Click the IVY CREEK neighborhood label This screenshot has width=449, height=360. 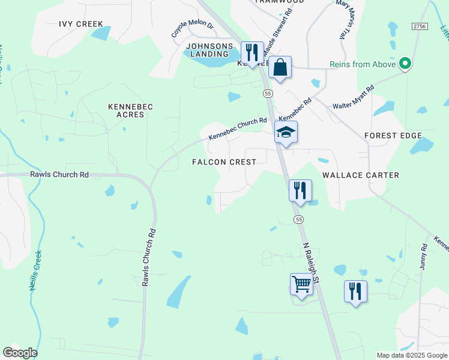tap(81, 24)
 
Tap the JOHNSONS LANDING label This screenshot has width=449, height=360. tap(209, 50)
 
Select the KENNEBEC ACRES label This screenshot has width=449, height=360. tap(130, 110)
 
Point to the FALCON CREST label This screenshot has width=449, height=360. tap(224, 162)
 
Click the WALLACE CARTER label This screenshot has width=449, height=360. tap(360, 175)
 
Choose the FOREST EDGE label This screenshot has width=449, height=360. tap(393, 136)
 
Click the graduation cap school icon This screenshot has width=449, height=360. tap(286, 133)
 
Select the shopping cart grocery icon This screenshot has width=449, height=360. tap(301, 284)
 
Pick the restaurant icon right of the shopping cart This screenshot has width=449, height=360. tap(355, 291)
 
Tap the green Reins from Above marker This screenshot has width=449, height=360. tap(405, 64)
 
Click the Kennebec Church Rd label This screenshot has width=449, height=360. tap(238, 129)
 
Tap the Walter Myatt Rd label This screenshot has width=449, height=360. tap(354, 97)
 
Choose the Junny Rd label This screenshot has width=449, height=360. tap(423, 256)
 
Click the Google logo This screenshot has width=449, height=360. tap(20, 353)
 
